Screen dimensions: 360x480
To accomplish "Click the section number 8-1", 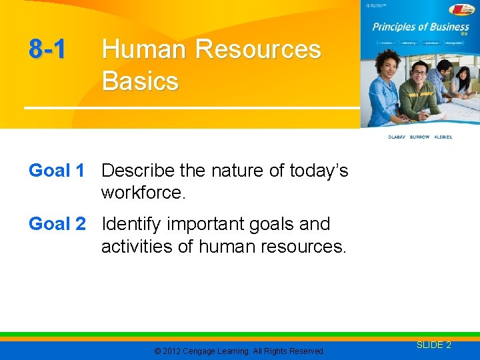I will (47, 49).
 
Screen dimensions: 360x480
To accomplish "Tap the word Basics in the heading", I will (140, 81).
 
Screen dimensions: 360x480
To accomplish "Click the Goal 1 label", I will (57, 171).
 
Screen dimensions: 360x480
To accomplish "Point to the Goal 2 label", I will (57, 224).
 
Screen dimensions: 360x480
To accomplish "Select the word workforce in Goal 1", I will (141, 193).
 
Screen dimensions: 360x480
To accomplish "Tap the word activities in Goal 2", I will (133, 247).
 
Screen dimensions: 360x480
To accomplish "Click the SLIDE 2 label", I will (434, 345).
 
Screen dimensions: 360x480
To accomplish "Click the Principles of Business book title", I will (420, 28).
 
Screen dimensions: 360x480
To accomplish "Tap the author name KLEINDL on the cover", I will (443, 137).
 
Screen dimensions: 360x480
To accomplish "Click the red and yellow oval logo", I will (461, 9).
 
